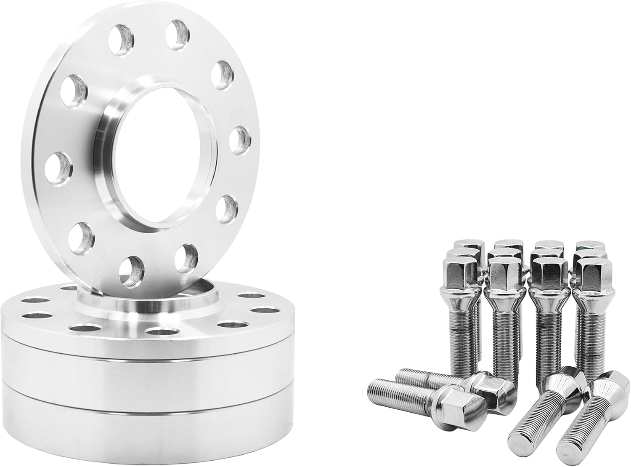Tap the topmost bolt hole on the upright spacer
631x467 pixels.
(x=176, y=32)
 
